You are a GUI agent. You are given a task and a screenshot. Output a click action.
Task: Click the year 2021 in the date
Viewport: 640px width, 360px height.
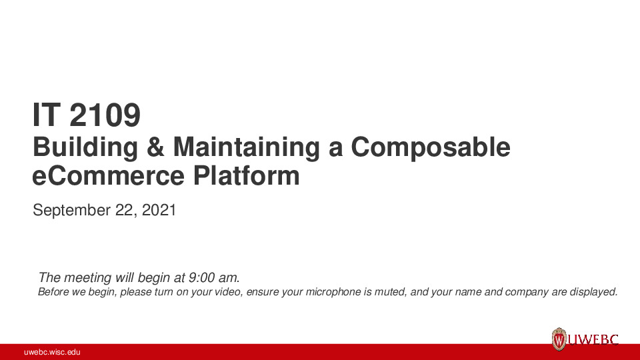pyautogui.click(x=160, y=211)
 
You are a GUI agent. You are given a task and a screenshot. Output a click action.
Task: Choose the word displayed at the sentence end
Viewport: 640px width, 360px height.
pyautogui.click(x=593, y=292)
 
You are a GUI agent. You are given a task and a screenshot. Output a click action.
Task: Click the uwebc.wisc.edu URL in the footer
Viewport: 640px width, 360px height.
pyautogui.click(x=52, y=352)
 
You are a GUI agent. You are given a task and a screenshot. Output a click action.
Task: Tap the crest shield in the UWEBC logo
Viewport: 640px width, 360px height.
pyautogui.click(x=559, y=339)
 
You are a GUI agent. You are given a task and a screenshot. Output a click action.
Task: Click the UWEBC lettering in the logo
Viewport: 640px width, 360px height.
pyautogui.click(x=593, y=340)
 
